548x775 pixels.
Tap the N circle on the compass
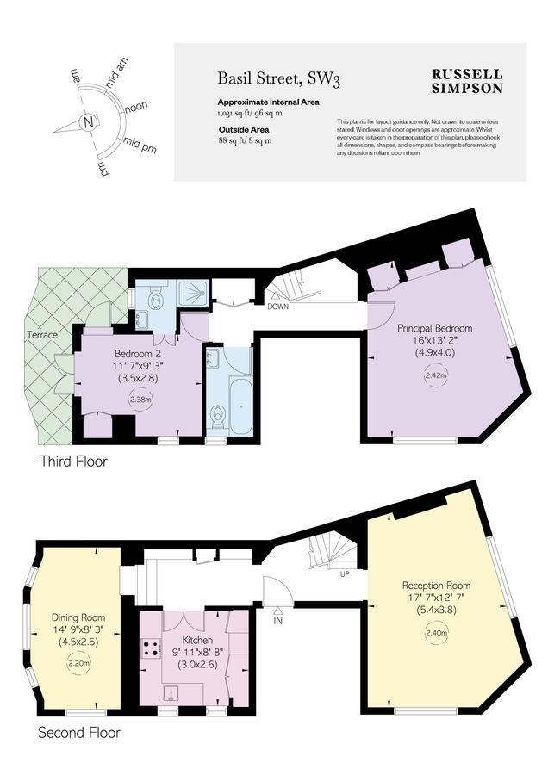click(x=87, y=122)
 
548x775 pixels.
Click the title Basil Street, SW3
click(x=278, y=80)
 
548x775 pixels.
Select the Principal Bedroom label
click(x=434, y=328)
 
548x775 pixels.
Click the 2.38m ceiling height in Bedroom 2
click(x=139, y=400)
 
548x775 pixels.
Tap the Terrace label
click(x=41, y=334)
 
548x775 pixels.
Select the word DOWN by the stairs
click(x=277, y=307)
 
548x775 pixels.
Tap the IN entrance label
click(x=277, y=620)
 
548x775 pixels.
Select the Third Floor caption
click(x=74, y=462)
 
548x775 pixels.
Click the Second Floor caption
click(x=79, y=733)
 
